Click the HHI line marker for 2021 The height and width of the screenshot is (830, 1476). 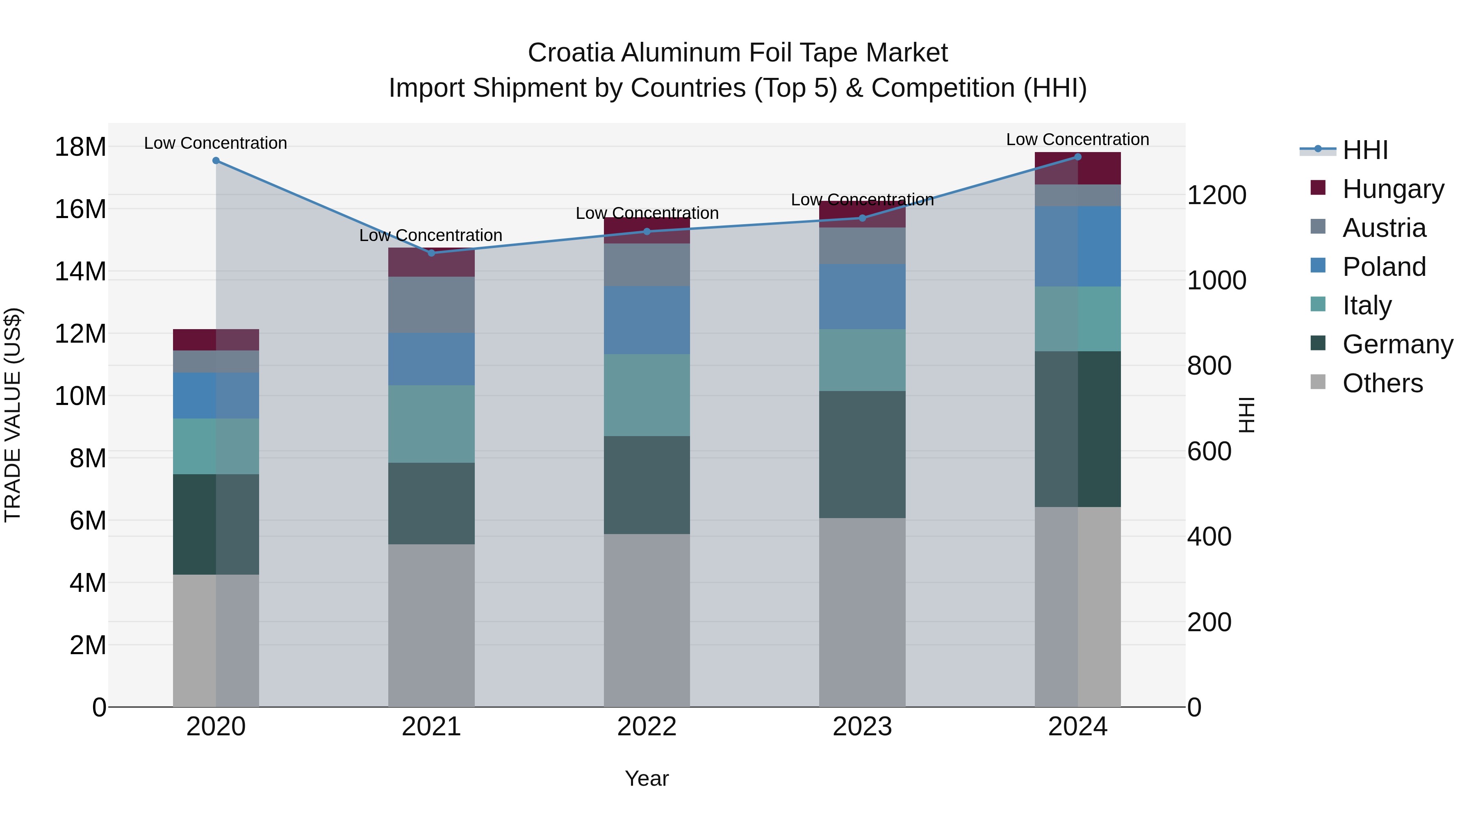[431, 252]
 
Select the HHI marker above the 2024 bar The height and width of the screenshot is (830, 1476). [1078, 157]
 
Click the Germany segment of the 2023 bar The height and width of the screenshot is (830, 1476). [862, 455]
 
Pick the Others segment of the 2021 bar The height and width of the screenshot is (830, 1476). [431, 625]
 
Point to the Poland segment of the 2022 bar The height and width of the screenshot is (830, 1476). [647, 320]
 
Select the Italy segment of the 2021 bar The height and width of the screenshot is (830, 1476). [431, 424]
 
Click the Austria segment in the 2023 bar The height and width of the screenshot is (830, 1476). [862, 246]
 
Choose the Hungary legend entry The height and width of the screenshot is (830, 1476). [1393, 189]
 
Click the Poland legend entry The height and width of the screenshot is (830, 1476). [1384, 266]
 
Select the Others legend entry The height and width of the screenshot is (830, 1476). [1382, 383]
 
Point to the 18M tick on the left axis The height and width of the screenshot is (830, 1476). [80, 147]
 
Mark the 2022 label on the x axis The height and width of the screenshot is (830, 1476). [647, 727]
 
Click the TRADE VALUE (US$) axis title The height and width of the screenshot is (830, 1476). [13, 415]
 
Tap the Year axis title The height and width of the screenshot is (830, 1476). [647, 778]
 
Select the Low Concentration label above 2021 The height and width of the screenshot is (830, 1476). [430, 235]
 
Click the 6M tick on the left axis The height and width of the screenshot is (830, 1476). [88, 521]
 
